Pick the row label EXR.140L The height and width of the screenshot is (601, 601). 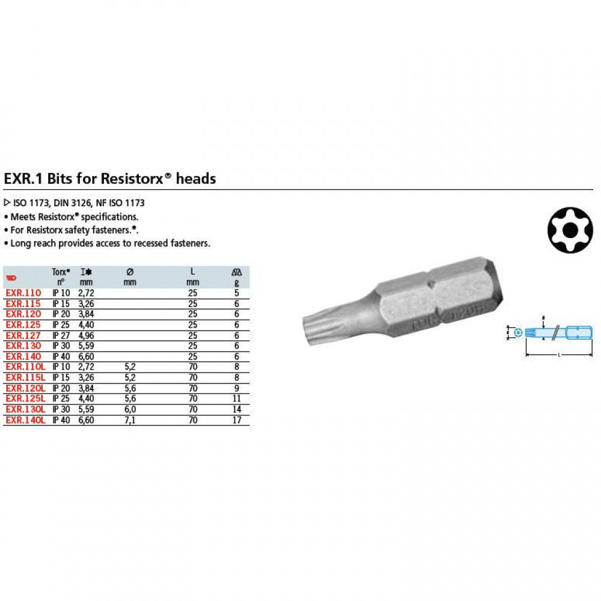tap(25, 420)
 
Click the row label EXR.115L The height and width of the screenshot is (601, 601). tap(25, 378)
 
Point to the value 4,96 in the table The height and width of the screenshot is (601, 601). tap(87, 335)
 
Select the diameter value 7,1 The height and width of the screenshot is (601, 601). tap(129, 420)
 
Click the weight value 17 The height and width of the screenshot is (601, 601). tap(237, 420)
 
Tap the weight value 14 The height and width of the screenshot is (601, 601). tap(237, 410)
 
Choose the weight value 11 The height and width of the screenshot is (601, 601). tap(237, 399)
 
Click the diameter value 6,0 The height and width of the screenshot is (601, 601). tap(129, 410)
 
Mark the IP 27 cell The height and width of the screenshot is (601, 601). tap(61, 335)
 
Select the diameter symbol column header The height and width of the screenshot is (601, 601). tap(129, 272)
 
